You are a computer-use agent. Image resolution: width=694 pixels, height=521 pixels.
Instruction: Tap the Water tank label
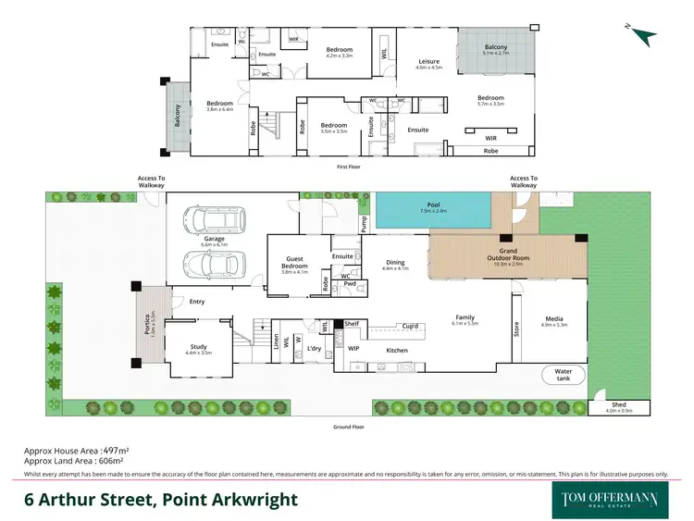[x=564, y=374]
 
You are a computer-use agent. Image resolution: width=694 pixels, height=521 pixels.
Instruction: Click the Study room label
[x=199, y=348]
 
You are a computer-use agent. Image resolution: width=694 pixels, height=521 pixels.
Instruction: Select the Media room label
[x=553, y=319]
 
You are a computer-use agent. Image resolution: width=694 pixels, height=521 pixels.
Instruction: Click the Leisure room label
[x=428, y=62]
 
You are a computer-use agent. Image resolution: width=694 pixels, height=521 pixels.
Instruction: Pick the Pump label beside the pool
[x=364, y=222]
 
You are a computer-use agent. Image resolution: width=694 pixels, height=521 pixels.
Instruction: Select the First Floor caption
[x=348, y=167]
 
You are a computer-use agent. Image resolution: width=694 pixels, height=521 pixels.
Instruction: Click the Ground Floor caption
[x=348, y=428]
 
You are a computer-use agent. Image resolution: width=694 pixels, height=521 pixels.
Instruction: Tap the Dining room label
[x=395, y=263]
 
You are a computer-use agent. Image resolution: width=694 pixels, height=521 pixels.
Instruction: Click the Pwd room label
[x=350, y=284]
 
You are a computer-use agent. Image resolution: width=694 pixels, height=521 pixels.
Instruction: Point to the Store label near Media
[x=516, y=328]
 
